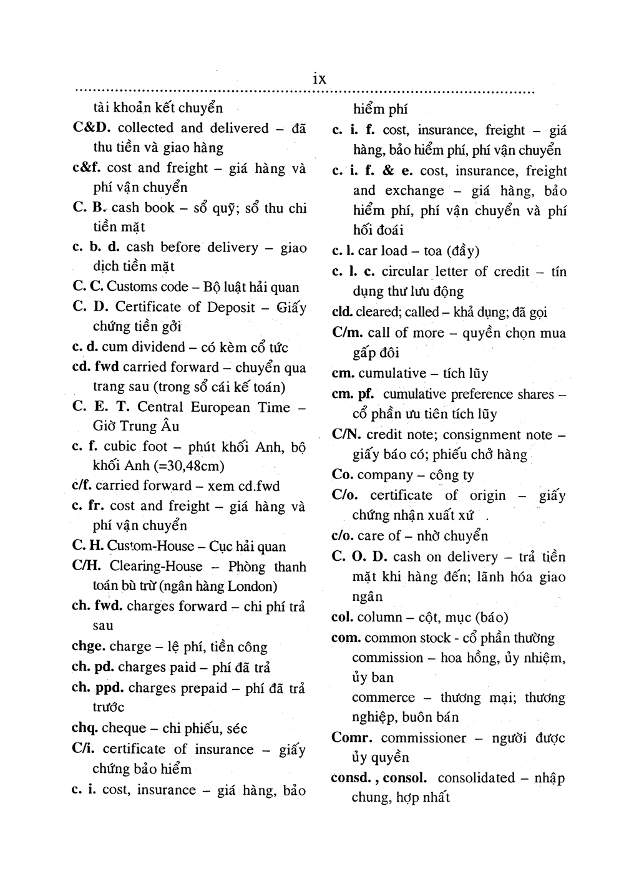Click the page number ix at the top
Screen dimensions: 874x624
[319, 79]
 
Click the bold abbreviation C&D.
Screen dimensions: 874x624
[92, 128]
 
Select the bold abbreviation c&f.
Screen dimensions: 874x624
[87, 168]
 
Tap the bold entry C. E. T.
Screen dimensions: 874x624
[101, 407]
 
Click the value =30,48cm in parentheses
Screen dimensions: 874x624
[185, 466]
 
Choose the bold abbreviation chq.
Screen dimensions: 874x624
[84, 728]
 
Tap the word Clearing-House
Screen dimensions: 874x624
[156, 566]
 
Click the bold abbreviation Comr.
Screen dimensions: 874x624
[353, 738]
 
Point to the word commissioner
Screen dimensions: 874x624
[424, 738]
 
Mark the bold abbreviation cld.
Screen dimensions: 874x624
[343, 312]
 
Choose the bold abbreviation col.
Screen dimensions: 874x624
[342, 618]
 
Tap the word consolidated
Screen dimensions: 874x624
[476, 778]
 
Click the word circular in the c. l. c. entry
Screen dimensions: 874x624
[405, 271]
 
